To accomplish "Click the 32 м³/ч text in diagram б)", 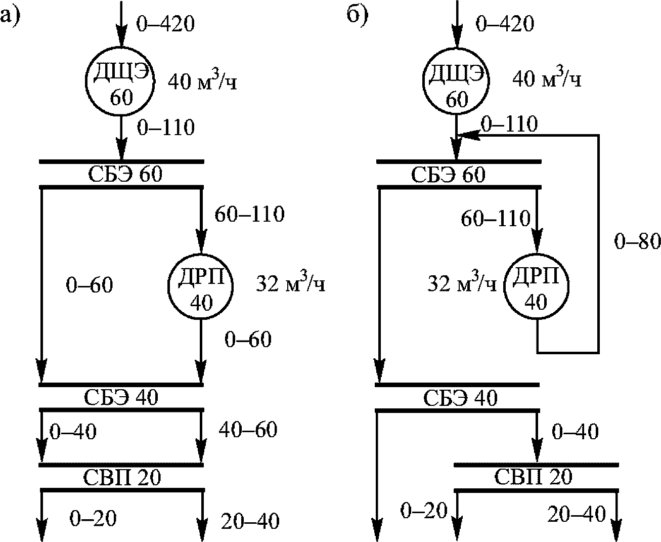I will pyautogui.click(x=462, y=284).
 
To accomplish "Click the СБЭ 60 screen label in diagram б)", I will pyautogui.click(x=448, y=175).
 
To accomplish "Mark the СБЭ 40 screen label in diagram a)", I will pyautogui.click(x=121, y=397).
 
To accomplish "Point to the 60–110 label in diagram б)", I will pyautogui.click(x=496, y=219).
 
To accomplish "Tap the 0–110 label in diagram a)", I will pyautogui.click(x=165, y=128).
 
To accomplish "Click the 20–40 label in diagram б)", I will pyautogui.click(x=577, y=515).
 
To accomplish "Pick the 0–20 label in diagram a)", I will pyautogui.click(x=93, y=518).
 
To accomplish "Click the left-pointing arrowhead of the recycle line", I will pyautogui.click(x=468, y=135).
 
